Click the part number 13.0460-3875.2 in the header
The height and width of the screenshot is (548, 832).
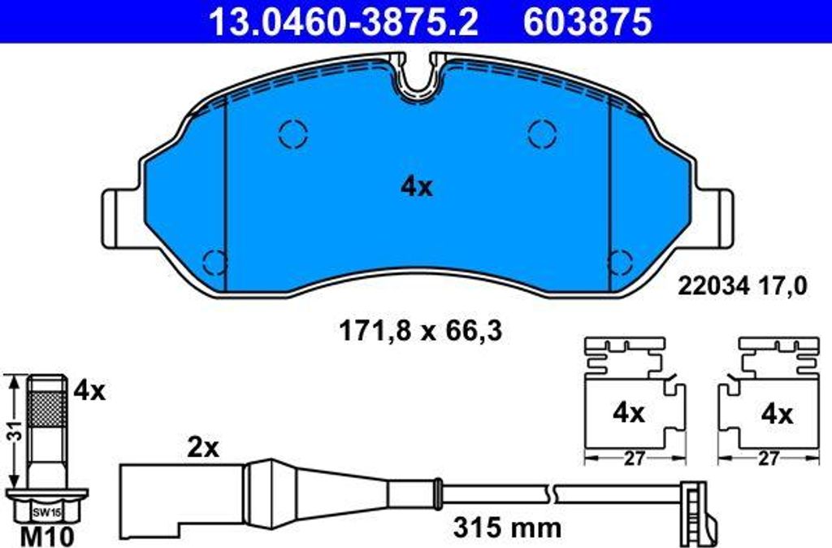(x=344, y=22)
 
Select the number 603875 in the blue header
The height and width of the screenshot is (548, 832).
(x=587, y=22)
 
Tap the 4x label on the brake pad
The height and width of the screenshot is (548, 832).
(x=417, y=187)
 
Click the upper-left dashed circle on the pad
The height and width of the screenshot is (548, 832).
(x=292, y=133)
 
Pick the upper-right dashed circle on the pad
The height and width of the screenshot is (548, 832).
(x=542, y=133)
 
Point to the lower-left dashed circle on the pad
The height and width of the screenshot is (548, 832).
(x=216, y=261)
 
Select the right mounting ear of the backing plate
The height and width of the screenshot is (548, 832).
(x=714, y=218)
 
